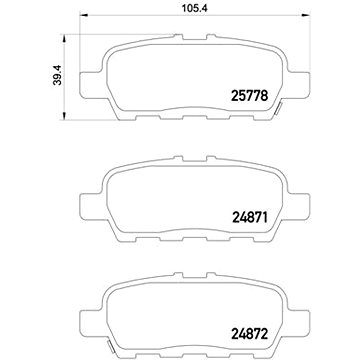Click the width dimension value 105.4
click(x=195, y=8)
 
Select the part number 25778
click(x=249, y=96)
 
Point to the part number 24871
click(x=249, y=218)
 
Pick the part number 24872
click(x=249, y=334)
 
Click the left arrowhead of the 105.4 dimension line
click(x=84, y=15)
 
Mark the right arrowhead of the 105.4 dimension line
click(x=306, y=15)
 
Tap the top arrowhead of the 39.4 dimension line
click(x=65, y=38)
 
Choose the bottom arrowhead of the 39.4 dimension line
click(x=65, y=115)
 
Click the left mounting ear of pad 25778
click(x=91, y=85)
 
